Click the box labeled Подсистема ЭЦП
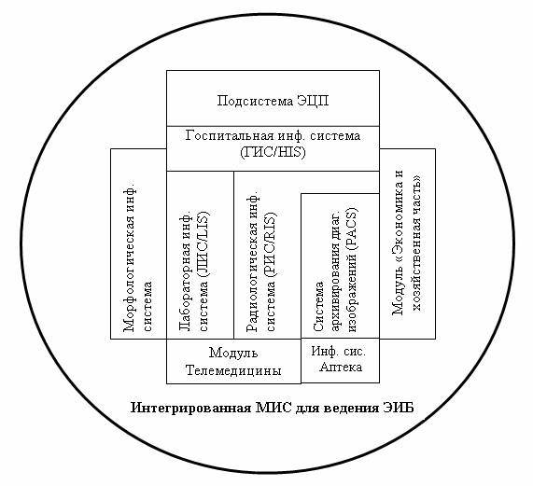tap(273, 98)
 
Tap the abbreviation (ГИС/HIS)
tap(273, 152)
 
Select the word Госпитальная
tap(230, 135)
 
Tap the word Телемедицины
tap(233, 370)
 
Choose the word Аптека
tap(341, 368)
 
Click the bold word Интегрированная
tap(190, 408)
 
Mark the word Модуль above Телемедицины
tap(233, 354)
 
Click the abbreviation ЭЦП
tap(313, 101)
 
